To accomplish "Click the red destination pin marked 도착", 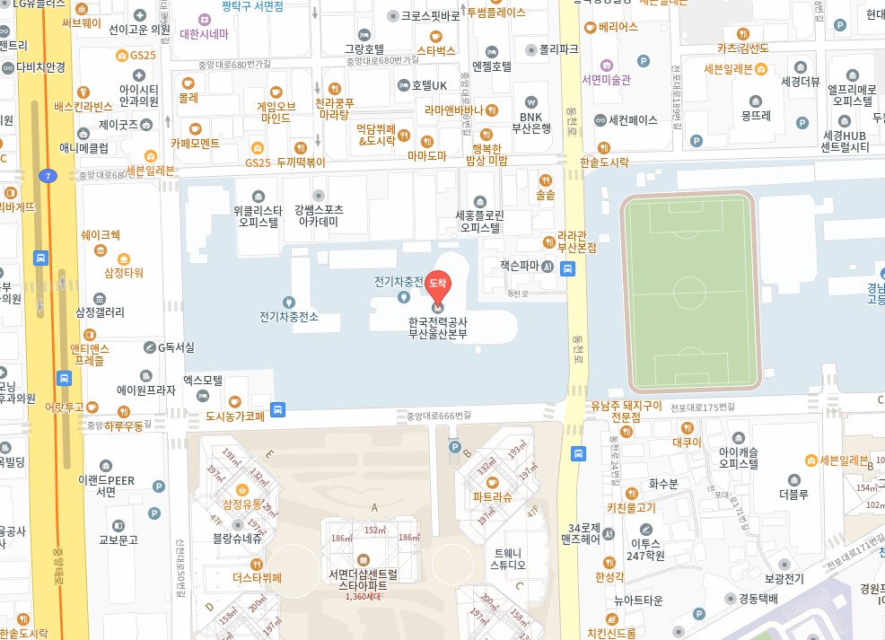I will tap(438, 284).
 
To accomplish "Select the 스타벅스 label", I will tap(436, 51).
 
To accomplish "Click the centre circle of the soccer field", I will tap(690, 293).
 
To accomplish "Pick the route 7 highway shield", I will tap(46, 176).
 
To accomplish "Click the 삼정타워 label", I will tap(124, 272).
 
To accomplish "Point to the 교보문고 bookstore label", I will tap(118, 540).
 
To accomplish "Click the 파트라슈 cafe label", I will tap(492, 495).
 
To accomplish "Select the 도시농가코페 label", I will tap(235, 416).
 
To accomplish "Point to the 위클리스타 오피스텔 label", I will tap(258, 215).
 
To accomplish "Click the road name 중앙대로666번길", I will tap(438, 416).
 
